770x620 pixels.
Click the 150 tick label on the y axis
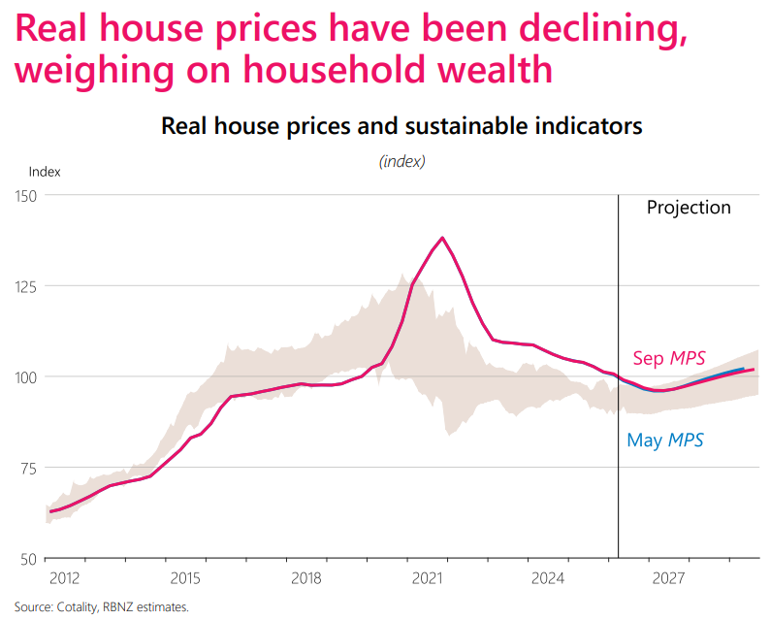[26, 197]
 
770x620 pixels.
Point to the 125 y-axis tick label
[26, 287]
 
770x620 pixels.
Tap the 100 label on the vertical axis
[26, 377]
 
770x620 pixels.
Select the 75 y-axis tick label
[29, 469]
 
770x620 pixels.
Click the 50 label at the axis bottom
[29, 560]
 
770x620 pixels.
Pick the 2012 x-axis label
[64, 578]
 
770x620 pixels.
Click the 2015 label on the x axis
[185, 578]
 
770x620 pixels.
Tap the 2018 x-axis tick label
[305, 578]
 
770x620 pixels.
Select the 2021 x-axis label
[427, 578]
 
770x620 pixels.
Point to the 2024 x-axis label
[548, 578]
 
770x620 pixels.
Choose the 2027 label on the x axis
[668, 578]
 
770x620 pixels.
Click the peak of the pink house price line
[442, 238]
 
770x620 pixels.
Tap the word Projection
[689, 208]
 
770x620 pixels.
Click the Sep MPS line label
[669, 358]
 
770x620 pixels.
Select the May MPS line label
[665, 441]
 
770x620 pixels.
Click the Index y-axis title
[45, 172]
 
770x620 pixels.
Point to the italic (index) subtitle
[402, 161]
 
